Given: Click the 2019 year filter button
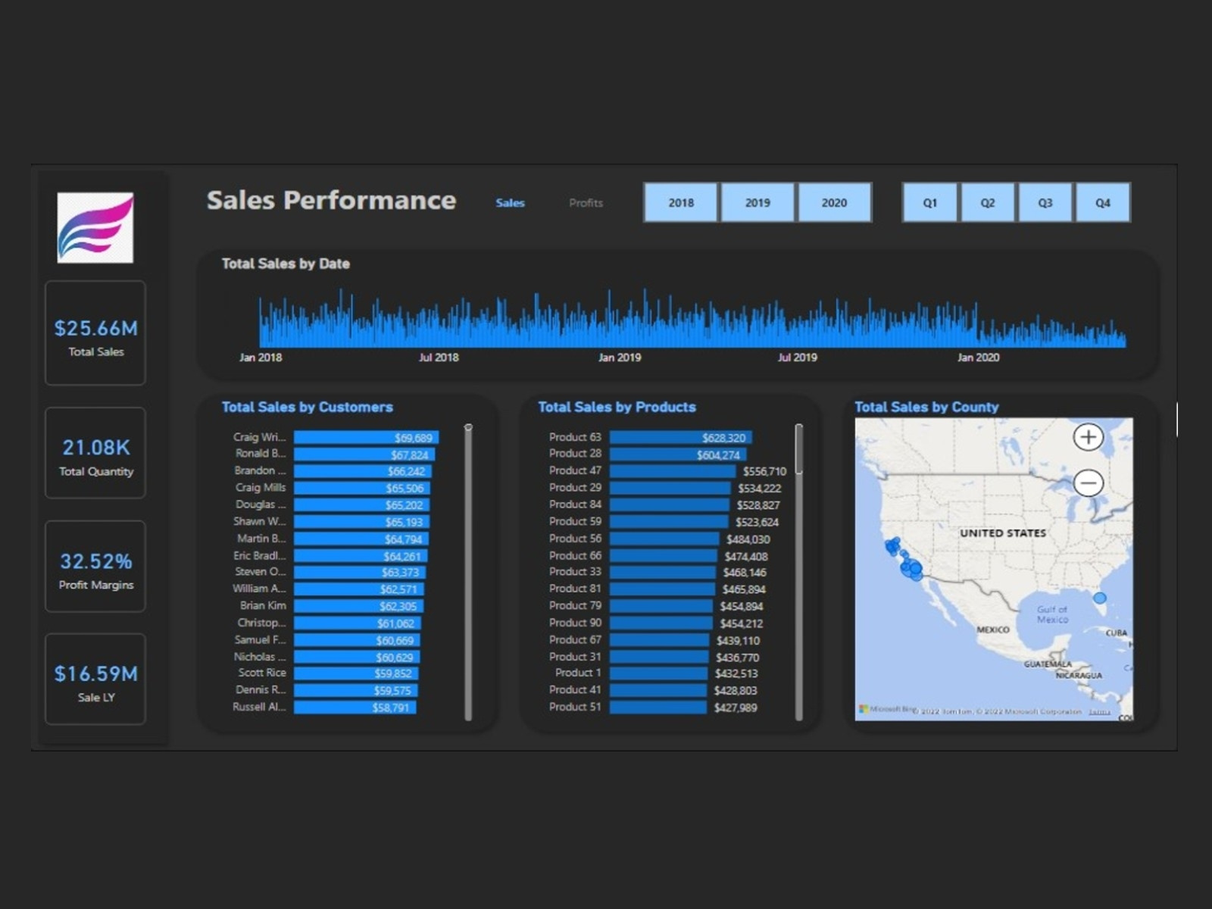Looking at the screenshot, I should pyautogui.click(x=757, y=202).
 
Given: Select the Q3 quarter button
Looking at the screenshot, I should pyautogui.click(x=1045, y=202).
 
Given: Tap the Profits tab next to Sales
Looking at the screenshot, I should pyautogui.click(x=586, y=203).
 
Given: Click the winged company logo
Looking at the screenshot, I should pyautogui.click(x=95, y=227).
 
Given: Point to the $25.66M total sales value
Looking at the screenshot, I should pyautogui.click(x=95, y=328).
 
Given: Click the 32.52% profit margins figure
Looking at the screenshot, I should pyautogui.click(x=95, y=561).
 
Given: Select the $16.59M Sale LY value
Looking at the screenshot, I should pyautogui.click(x=95, y=673).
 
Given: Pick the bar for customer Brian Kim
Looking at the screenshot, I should pyautogui.click(x=358, y=606).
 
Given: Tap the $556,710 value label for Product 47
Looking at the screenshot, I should pyautogui.click(x=764, y=471).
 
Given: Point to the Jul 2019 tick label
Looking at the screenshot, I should pyautogui.click(x=797, y=358).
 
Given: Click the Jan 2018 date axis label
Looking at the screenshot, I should pyautogui.click(x=261, y=358).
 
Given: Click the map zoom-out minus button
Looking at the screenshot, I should pyautogui.click(x=1089, y=483).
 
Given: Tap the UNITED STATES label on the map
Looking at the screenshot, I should pyautogui.click(x=1002, y=533).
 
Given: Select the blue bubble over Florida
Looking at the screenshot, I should pyautogui.click(x=1100, y=598).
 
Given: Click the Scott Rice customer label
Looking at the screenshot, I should pyautogui.click(x=262, y=673).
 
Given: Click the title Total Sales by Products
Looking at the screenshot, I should pyautogui.click(x=617, y=407).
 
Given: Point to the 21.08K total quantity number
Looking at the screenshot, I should pyautogui.click(x=95, y=448).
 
